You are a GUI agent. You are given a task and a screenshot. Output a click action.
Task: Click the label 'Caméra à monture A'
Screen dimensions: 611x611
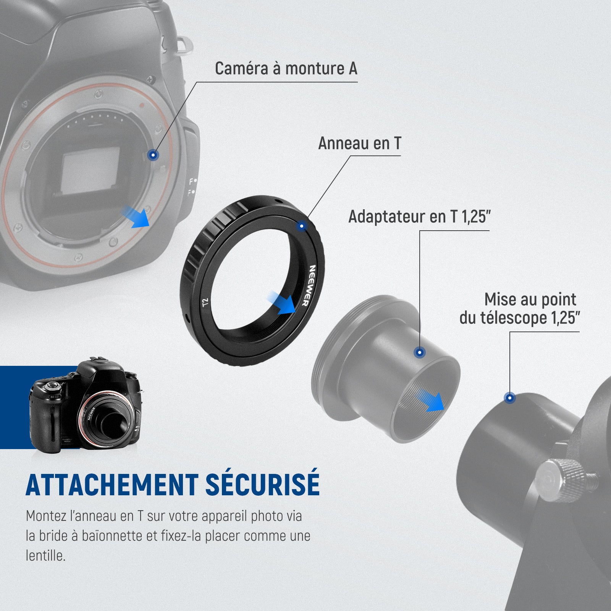[286, 69]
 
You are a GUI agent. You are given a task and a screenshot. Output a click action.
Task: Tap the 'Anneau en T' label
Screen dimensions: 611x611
[360, 144]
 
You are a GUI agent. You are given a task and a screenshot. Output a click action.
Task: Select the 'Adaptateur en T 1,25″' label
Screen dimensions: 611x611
[419, 217]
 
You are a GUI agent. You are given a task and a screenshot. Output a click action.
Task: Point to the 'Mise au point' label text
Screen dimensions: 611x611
[530, 300]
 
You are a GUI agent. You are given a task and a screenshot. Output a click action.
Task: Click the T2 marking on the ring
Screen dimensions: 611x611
[205, 303]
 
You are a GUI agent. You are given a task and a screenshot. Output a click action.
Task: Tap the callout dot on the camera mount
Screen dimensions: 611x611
[153, 155]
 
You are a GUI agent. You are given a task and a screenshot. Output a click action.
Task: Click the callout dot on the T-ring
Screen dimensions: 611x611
[302, 226]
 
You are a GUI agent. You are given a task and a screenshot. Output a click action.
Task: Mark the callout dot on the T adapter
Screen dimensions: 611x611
[420, 352]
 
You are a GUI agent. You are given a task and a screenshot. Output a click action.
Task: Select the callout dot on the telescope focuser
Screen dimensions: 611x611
[510, 398]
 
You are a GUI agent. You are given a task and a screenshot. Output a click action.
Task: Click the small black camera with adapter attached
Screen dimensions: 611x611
[86, 406]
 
